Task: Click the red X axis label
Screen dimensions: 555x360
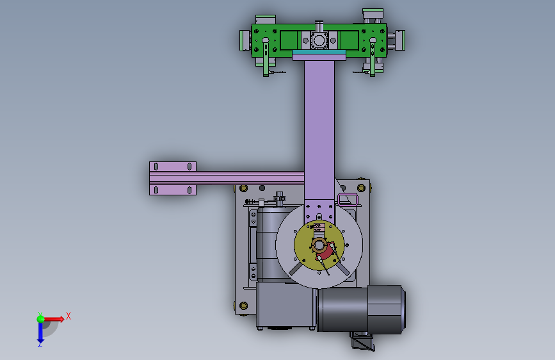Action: (x=68, y=316)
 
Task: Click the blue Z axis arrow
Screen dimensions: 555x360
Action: (x=40, y=334)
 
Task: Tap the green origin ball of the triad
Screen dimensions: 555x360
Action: (x=41, y=319)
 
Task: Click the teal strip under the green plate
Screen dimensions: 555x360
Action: (x=319, y=53)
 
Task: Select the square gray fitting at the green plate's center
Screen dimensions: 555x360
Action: (x=319, y=40)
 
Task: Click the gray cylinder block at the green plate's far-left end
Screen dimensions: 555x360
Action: (x=245, y=40)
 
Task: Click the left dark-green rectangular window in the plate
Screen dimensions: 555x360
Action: (x=289, y=40)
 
